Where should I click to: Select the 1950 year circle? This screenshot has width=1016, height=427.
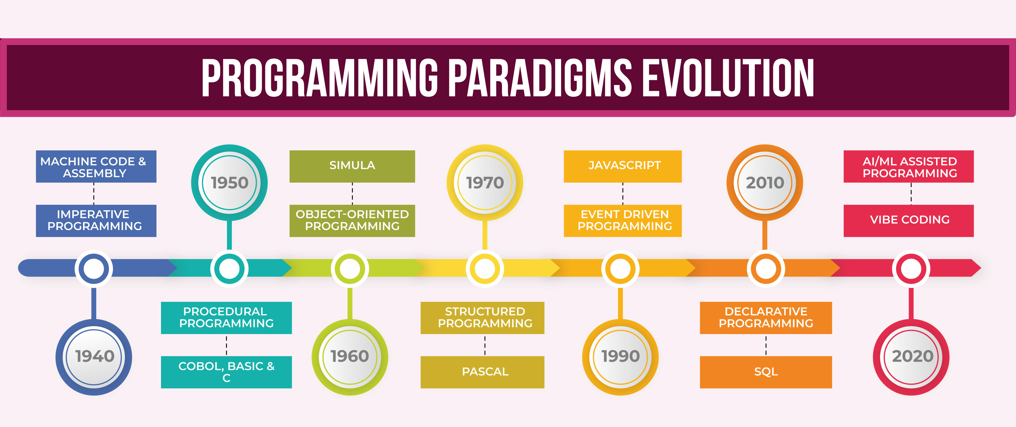(x=229, y=183)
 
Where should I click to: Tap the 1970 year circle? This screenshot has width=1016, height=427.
(x=485, y=183)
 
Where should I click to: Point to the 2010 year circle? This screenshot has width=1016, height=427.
(x=765, y=183)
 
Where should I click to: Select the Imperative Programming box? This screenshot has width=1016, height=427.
(x=96, y=220)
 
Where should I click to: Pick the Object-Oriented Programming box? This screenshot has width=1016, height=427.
(x=352, y=220)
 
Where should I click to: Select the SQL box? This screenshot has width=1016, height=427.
(x=766, y=372)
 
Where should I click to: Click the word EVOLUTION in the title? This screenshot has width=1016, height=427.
(x=728, y=78)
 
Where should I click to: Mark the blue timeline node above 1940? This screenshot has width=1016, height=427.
(x=94, y=269)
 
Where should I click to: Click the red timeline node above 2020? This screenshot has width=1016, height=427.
(x=911, y=269)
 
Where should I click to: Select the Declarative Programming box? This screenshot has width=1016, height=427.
(x=766, y=317)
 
